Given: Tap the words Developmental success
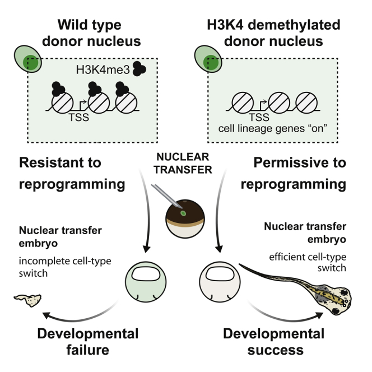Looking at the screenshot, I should [x=273, y=343].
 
